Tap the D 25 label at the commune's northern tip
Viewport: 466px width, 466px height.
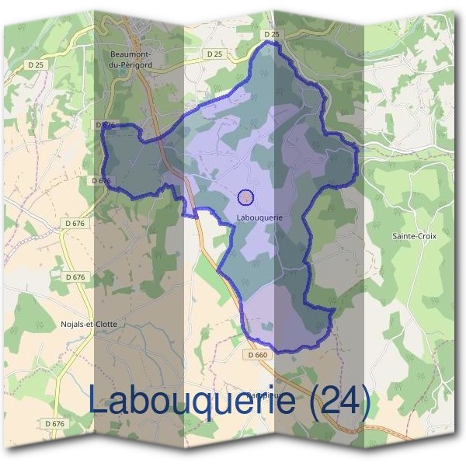270,34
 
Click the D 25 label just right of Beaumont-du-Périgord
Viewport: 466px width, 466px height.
214,54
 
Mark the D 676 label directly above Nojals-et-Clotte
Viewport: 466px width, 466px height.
75,276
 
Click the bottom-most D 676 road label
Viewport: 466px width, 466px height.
54,423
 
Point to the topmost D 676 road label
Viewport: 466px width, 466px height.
105,124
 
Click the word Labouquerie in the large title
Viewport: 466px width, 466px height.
193,402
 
